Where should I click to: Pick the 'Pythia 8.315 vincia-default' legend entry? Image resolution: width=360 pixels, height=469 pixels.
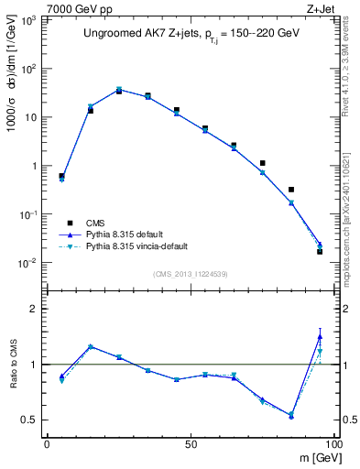point(140,246)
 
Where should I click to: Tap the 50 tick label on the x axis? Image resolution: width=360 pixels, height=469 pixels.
point(191,442)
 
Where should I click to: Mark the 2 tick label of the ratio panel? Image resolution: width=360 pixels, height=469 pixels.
point(33,309)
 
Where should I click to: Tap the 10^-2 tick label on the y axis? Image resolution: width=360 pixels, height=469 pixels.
point(27,263)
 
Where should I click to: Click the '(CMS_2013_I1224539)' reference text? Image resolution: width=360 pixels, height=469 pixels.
point(189,273)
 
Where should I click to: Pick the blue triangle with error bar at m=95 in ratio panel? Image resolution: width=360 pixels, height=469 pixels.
point(320,336)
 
